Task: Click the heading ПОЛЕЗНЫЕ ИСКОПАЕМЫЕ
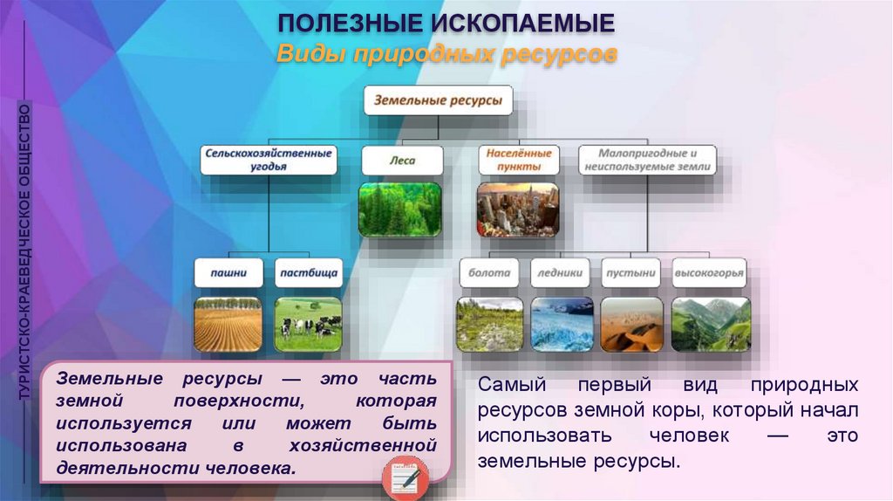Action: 446,24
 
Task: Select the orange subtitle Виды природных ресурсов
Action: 446,55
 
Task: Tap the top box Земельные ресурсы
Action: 438,101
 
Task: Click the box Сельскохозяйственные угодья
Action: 269,160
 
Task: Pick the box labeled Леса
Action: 402,161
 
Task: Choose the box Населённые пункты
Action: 518,160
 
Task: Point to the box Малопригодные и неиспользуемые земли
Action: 647,160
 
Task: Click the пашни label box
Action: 228,273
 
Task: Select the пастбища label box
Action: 309,273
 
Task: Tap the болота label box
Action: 489,273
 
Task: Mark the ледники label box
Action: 560,273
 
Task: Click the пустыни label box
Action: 631,273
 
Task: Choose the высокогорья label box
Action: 709,273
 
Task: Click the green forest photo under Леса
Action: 399,209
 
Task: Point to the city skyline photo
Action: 518,209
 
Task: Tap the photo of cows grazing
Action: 308,325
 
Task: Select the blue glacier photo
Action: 562,325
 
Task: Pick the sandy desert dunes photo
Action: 632,325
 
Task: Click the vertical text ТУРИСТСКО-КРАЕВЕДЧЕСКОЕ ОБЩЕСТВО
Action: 24,251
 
